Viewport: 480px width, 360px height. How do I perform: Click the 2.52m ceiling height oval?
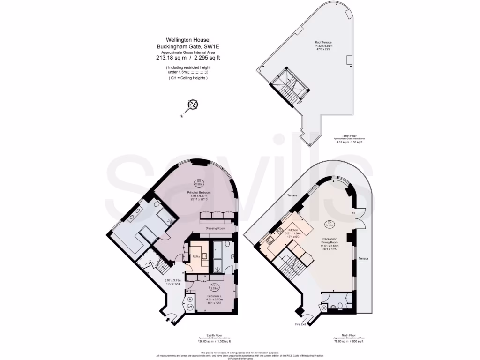tap(199, 183)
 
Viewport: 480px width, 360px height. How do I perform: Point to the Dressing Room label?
tap(216, 228)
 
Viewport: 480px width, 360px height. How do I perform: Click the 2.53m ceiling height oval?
tap(213, 286)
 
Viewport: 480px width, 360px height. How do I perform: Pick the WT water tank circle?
tap(190, 307)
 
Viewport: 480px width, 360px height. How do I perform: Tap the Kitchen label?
tap(293, 230)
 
